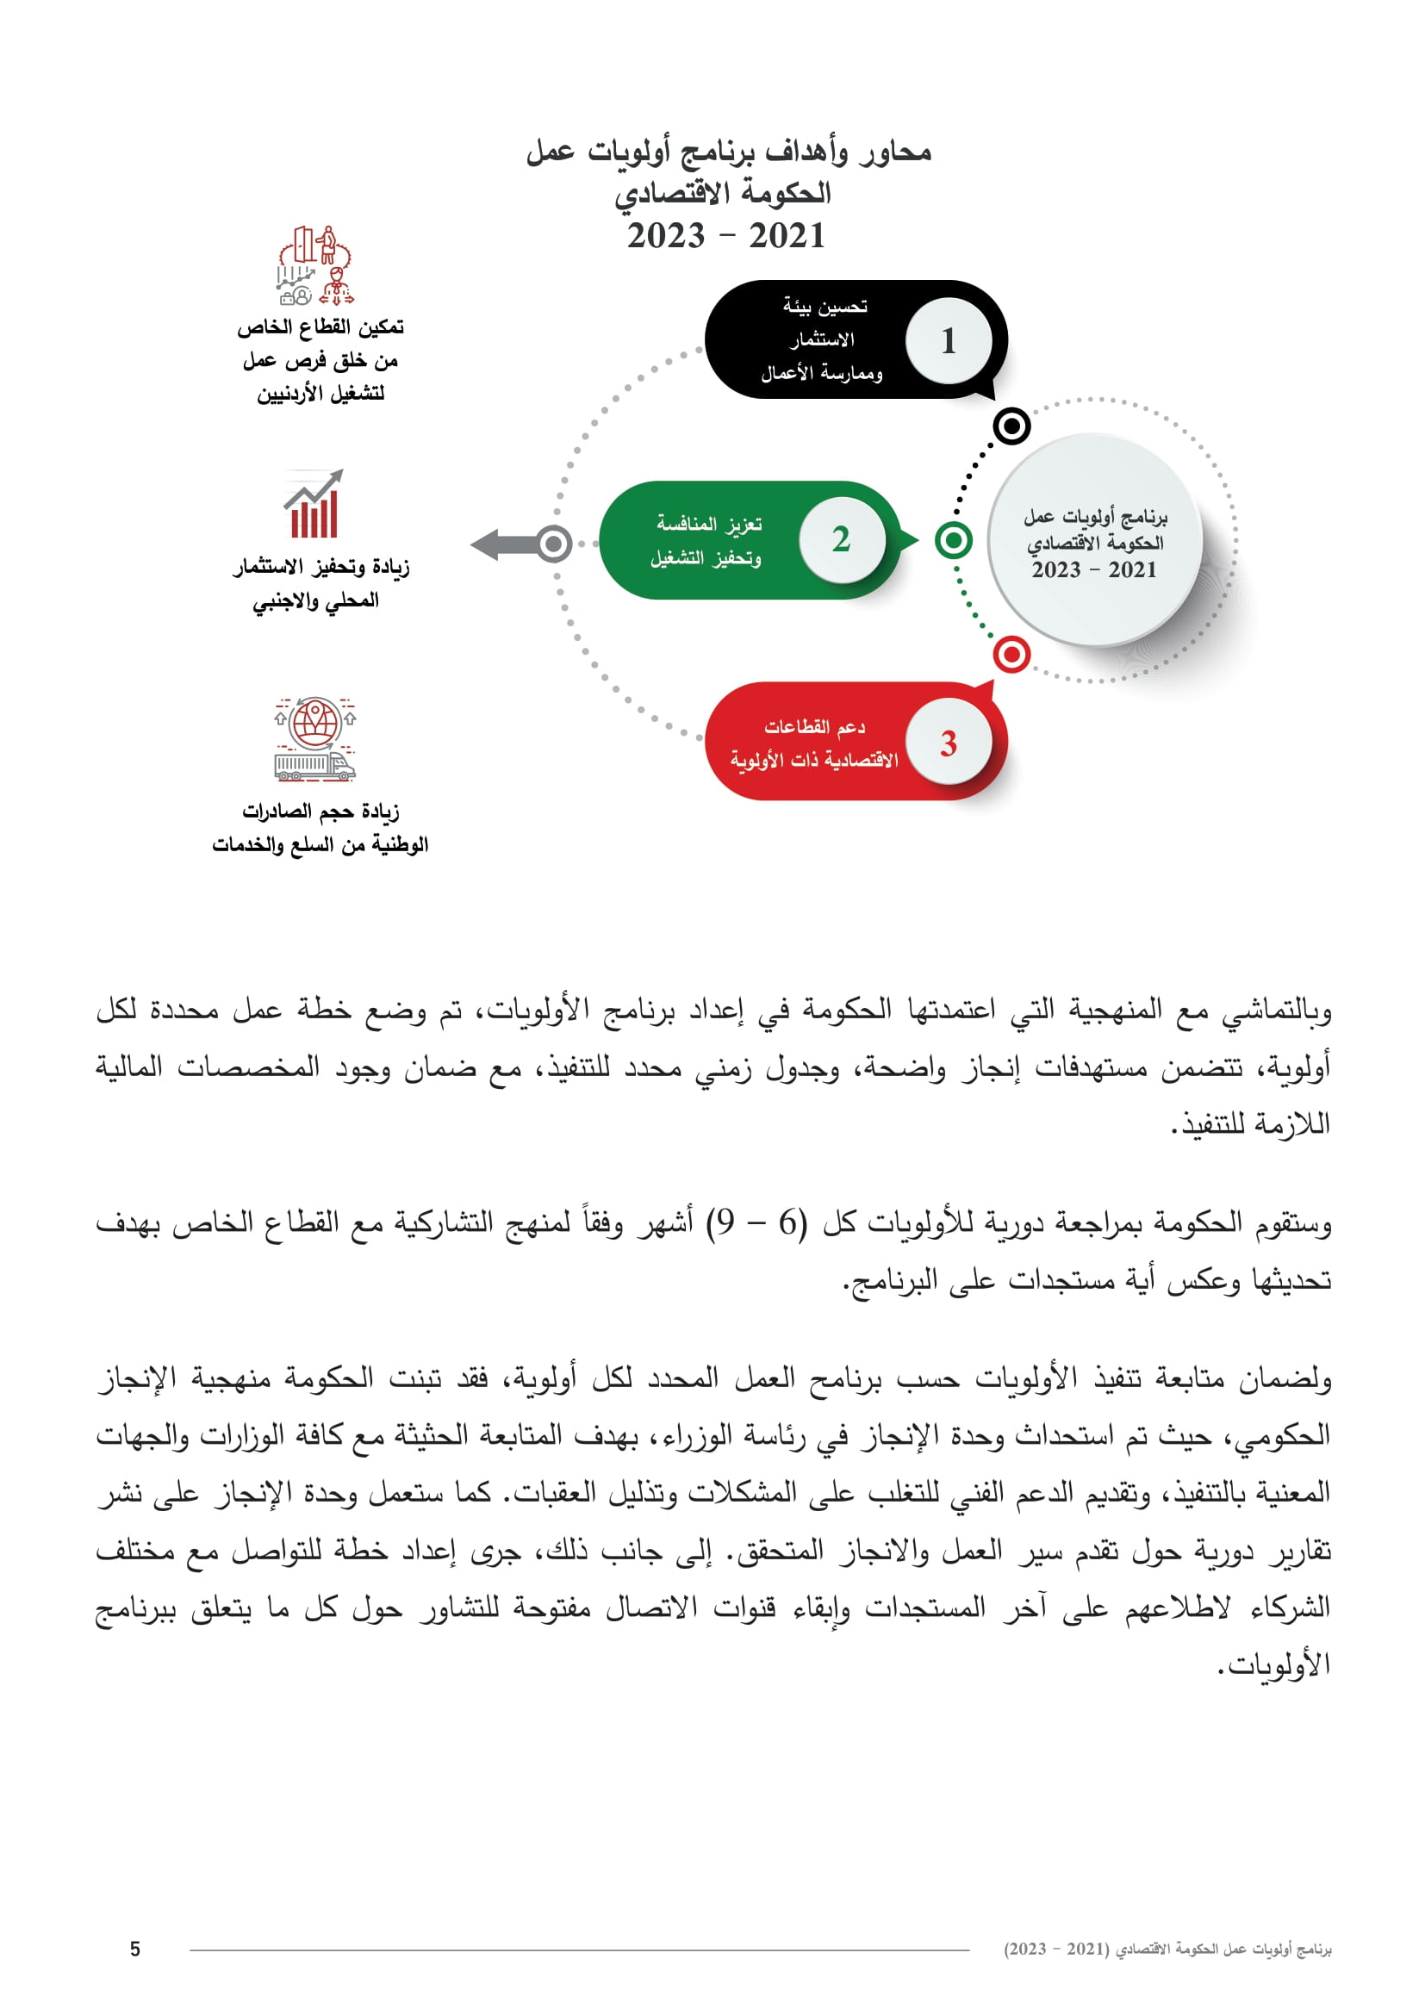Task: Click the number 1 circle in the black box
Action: click(x=949, y=340)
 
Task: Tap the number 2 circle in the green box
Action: click(x=842, y=538)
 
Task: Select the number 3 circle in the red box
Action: click(x=949, y=743)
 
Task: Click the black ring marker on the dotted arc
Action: click(x=1011, y=426)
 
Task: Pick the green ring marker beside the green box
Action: click(x=954, y=540)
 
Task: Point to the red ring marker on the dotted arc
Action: click(x=1011, y=654)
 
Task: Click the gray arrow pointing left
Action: click(x=507, y=544)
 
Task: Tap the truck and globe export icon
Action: click(x=315, y=740)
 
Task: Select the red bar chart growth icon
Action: click(x=314, y=505)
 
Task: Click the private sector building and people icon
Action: click(x=315, y=266)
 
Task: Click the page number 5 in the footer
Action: click(x=135, y=1950)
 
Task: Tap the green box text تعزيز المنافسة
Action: click(x=709, y=524)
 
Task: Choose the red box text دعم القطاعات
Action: click(x=814, y=727)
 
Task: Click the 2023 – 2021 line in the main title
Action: click(x=725, y=236)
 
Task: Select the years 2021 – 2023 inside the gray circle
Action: click(x=1094, y=570)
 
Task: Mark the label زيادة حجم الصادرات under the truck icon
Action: click(x=320, y=812)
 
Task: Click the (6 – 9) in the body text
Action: click(x=757, y=1222)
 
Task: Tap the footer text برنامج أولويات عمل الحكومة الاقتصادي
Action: click(x=1167, y=1950)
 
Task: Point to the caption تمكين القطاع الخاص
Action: click(x=320, y=327)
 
